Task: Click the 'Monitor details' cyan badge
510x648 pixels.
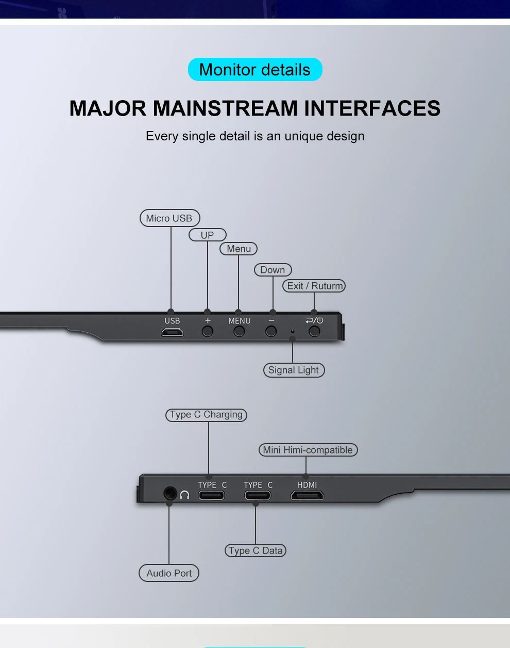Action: point(255,70)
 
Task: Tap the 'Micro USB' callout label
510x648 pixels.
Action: point(169,218)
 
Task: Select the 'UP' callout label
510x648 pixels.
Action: point(207,235)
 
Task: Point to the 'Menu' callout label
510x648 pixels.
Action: point(239,249)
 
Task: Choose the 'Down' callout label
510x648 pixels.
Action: point(273,270)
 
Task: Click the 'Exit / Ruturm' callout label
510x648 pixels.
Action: point(314,286)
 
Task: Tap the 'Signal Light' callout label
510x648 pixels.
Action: point(294,370)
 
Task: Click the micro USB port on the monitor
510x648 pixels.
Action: point(172,332)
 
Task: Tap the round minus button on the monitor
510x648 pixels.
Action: point(271,331)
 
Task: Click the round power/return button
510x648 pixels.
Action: point(314,331)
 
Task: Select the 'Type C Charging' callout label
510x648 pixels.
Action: point(206,415)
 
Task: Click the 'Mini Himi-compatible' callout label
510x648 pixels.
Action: point(308,450)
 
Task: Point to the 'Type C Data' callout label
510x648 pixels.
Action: point(256,550)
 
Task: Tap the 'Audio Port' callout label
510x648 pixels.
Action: point(169,573)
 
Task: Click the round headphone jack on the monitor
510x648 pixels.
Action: point(169,494)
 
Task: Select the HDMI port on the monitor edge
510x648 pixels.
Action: point(307,496)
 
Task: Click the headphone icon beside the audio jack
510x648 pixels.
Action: point(184,495)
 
